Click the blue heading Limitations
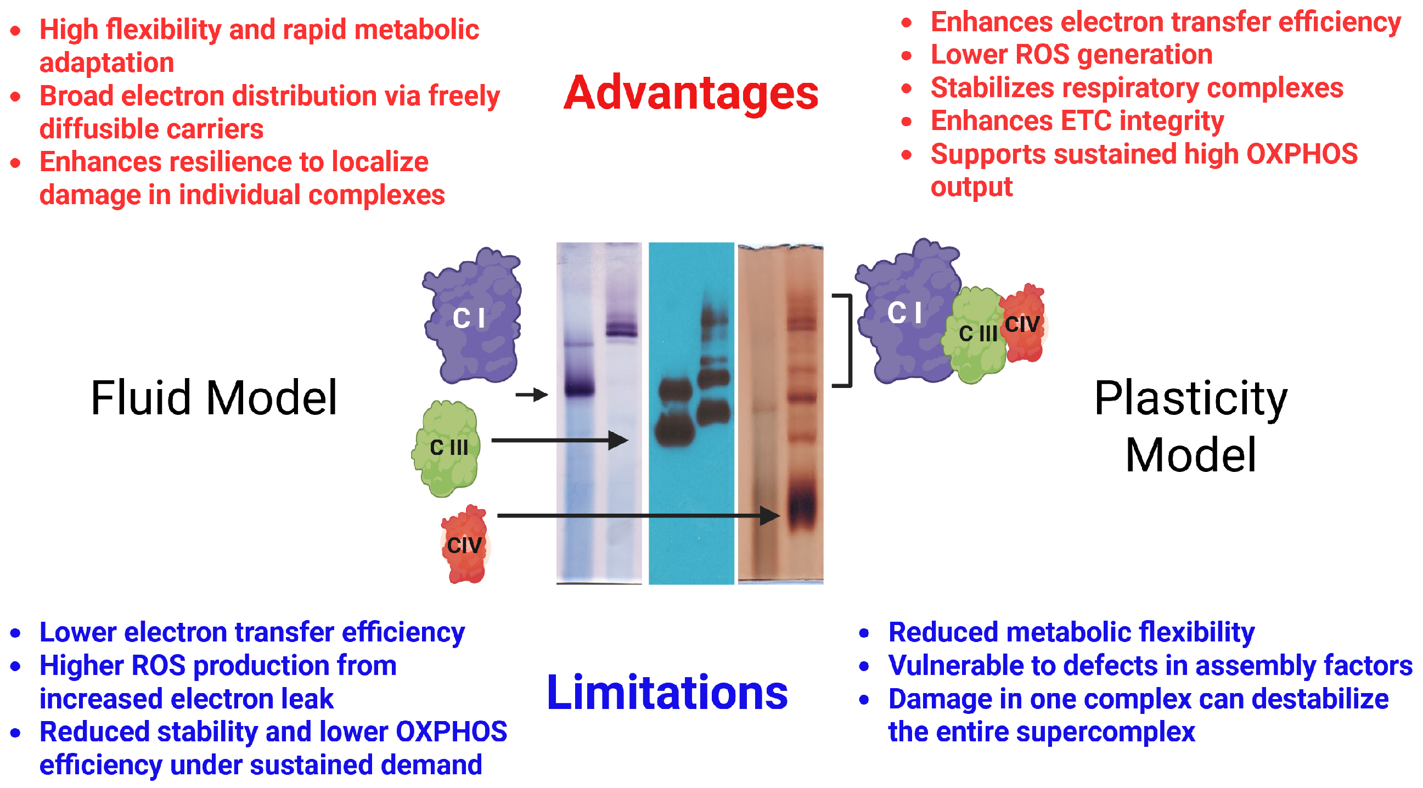[667, 693]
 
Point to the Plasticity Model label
[1190, 426]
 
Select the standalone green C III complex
[447, 448]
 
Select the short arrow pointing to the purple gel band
[531, 395]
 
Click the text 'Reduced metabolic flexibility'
[1071, 632]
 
